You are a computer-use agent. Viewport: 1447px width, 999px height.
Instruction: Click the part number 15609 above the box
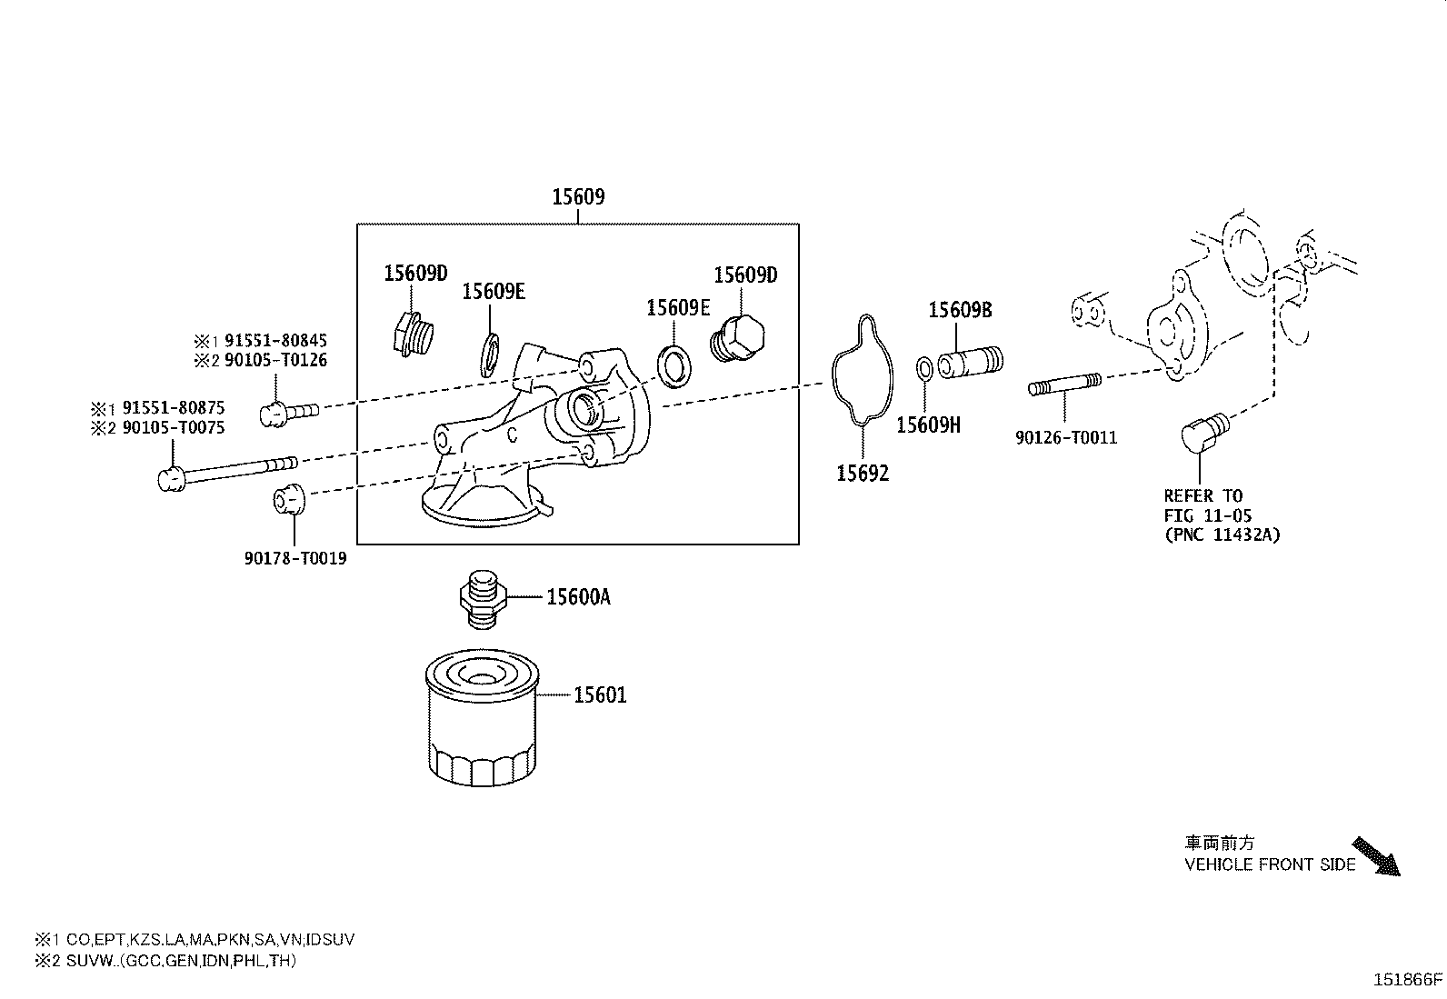(x=578, y=196)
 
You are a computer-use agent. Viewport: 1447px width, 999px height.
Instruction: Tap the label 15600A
(x=578, y=597)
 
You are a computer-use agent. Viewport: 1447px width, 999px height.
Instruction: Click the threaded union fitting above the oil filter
(x=480, y=597)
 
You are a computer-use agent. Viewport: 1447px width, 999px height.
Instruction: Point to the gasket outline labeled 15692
(x=859, y=371)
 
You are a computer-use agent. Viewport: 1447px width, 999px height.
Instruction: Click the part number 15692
(x=863, y=474)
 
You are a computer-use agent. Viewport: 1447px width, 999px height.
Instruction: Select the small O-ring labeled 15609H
(x=923, y=368)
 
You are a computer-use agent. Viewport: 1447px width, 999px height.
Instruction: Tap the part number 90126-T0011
(x=1066, y=438)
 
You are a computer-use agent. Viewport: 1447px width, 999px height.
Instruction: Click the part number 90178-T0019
(x=294, y=559)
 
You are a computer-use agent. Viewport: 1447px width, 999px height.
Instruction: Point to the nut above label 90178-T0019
(x=289, y=499)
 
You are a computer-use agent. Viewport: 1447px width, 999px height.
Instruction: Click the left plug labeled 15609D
(x=413, y=336)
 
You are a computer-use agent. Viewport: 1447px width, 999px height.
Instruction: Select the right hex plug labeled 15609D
(x=738, y=340)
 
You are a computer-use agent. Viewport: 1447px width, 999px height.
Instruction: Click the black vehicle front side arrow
(x=1376, y=856)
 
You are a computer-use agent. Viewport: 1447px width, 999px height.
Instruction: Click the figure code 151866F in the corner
(x=1407, y=980)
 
